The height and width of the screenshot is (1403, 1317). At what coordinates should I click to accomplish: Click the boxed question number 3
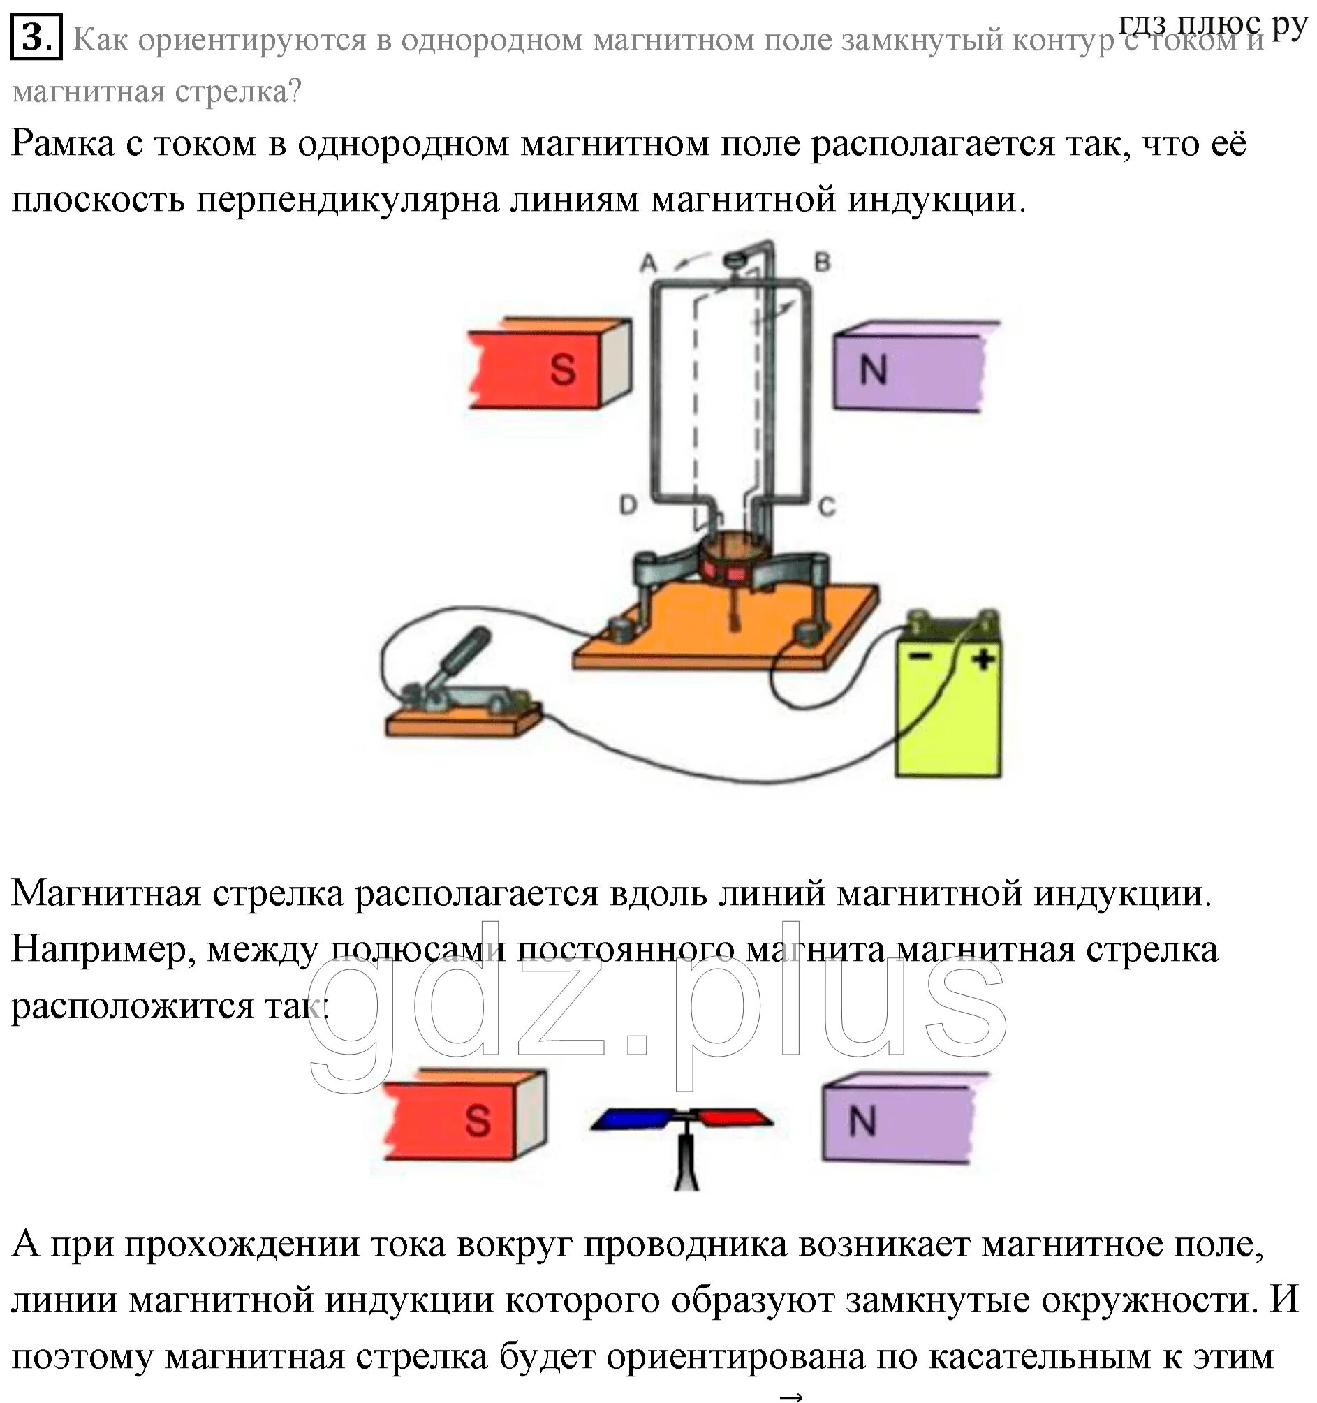[x=37, y=38]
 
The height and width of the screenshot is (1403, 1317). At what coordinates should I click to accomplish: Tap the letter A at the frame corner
[x=649, y=264]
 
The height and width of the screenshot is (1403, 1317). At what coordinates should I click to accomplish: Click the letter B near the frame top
[x=822, y=263]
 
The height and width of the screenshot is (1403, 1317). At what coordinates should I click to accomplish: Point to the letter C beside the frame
[x=827, y=506]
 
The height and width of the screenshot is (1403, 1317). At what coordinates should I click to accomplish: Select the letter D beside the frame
[x=628, y=505]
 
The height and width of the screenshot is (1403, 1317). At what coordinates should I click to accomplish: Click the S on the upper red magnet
[x=563, y=369]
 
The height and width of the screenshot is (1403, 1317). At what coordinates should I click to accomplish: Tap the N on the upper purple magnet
[x=873, y=369]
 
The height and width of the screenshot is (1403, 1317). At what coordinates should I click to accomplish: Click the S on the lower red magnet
[x=478, y=1120]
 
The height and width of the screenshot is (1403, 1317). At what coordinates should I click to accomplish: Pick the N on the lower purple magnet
[x=862, y=1120]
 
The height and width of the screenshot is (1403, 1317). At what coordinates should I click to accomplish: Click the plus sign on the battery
[x=983, y=660]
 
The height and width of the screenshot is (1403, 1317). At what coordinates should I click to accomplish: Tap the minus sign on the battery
[x=920, y=657]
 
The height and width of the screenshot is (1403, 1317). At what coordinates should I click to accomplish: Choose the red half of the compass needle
[x=730, y=1117]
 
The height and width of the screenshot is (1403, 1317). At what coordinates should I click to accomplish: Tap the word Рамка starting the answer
[x=63, y=145]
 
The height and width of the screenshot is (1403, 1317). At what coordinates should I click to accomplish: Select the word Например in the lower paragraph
[x=103, y=949]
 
